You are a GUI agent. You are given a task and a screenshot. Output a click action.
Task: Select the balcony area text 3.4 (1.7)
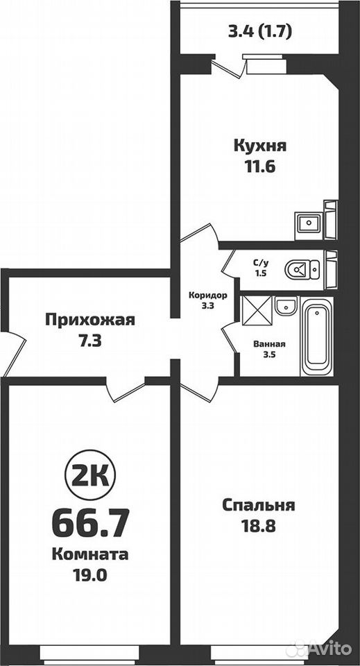[x=260, y=33]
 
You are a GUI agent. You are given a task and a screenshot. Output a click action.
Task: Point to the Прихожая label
[x=90, y=320]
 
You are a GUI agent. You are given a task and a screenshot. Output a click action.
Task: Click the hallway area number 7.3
[x=90, y=341]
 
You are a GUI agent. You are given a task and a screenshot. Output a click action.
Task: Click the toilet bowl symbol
[x=302, y=269]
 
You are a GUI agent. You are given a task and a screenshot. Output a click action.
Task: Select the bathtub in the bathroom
[x=317, y=336]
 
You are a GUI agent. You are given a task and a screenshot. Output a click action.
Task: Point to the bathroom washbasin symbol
[x=286, y=306]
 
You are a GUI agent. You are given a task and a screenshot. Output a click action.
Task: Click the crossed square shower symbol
[x=257, y=311]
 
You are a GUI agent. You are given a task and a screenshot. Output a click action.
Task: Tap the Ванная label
[x=269, y=345]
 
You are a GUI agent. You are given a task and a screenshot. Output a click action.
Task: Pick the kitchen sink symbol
[x=309, y=223]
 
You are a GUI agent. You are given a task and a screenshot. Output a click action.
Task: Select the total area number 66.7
[x=90, y=524]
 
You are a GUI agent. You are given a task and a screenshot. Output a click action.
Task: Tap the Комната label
[x=90, y=554]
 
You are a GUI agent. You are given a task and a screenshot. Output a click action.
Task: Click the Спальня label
[x=259, y=506]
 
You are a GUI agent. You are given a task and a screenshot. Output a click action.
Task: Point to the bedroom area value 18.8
[x=259, y=527]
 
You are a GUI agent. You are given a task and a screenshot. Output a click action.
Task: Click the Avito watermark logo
[x=319, y=649]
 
